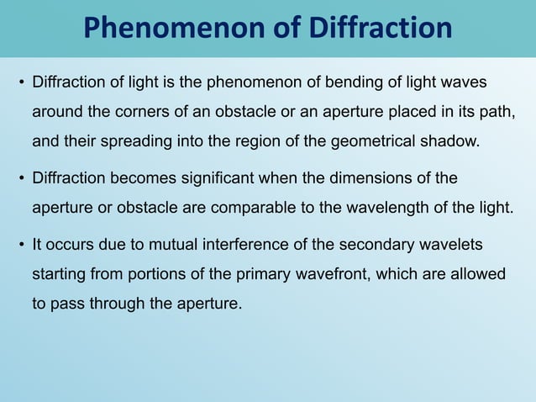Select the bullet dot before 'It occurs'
22,245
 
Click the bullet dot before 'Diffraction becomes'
22,178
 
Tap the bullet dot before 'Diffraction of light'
22,84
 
